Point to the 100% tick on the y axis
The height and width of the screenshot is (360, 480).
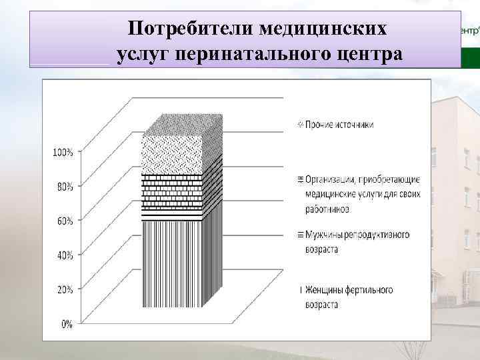coord(63,153)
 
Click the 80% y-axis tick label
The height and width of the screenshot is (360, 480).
coord(65,187)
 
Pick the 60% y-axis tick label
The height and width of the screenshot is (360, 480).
coord(65,222)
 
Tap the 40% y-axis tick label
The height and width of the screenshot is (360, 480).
coord(65,256)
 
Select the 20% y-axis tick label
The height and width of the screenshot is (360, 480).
coord(65,290)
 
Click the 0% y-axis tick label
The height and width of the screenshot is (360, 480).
coord(67,325)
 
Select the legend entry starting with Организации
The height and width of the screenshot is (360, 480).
coord(360,194)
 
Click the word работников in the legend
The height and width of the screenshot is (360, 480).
coord(327,209)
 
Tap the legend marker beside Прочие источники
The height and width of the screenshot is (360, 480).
coord(301,125)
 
